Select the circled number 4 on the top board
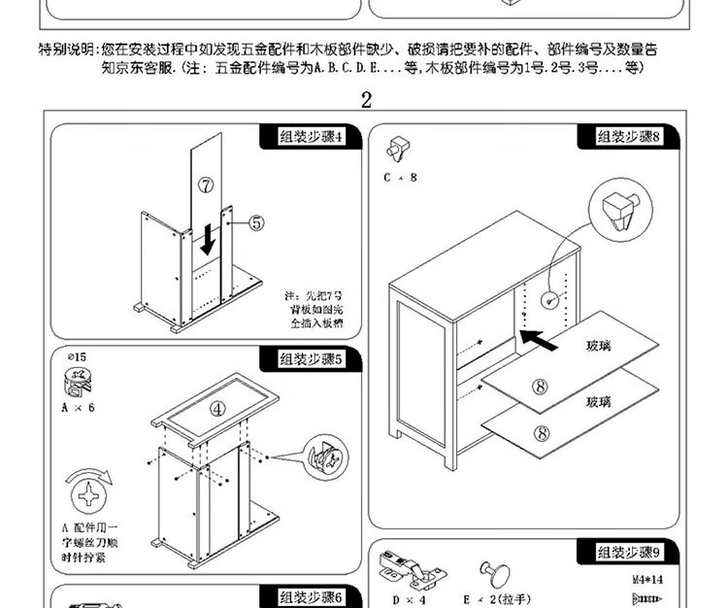[x=218, y=409]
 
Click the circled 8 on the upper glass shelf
[x=541, y=386]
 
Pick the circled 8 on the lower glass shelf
[x=543, y=433]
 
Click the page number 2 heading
[x=366, y=100]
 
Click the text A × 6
[x=79, y=407]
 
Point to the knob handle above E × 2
[x=489, y=572]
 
